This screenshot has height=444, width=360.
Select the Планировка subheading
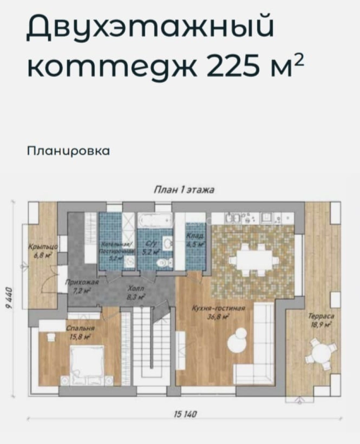(x=68, y=151)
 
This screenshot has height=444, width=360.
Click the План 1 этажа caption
(x=185, y=190)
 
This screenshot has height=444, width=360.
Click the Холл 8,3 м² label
(x=135, y=292)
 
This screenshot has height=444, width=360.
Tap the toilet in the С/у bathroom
(x=164, y=262)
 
